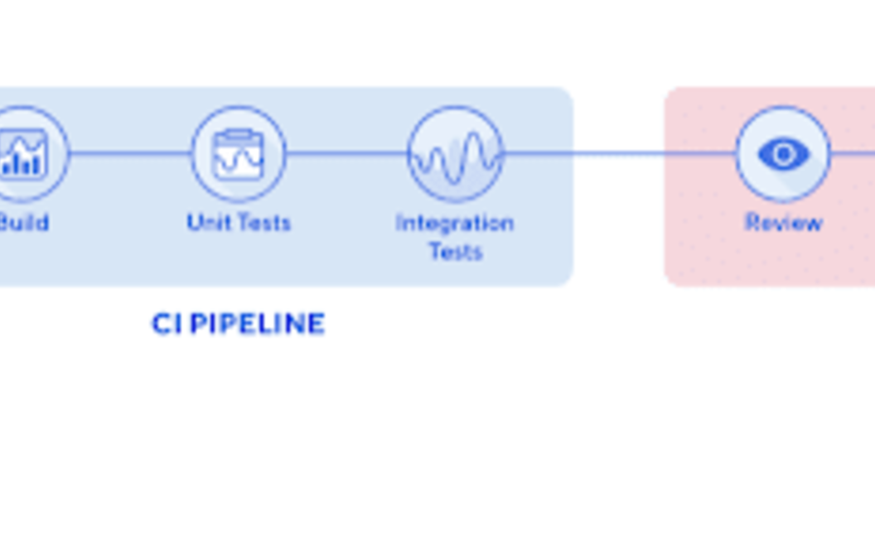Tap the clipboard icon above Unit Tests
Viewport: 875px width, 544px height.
point(239,155)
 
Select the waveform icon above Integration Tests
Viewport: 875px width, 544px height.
point(455,155)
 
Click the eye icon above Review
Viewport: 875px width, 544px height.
point(783,154)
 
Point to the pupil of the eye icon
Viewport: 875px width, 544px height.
point(783,154)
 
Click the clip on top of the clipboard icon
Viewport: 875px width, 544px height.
point(239,134)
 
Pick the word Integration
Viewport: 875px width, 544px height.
point(455,223)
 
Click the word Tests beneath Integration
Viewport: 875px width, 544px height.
point(455,251)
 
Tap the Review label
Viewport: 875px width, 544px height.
point(783,223)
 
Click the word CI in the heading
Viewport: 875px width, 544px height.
point(167,324)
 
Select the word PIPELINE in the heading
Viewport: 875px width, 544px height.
point(258,324)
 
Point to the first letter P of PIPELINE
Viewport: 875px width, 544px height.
point(199,324)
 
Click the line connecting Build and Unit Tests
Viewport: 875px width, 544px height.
point(131,153)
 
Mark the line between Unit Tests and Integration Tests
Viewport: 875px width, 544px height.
point(346,153)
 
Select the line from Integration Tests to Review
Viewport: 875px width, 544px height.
point(618,153)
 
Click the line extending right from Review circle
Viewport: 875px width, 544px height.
point(853,153)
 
